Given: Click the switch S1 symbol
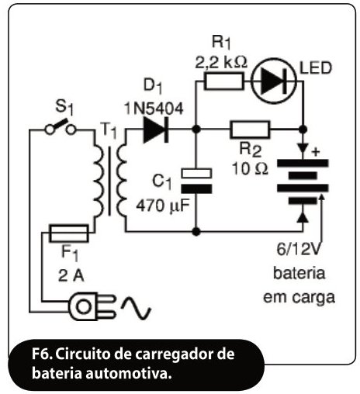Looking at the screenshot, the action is click(61, 128).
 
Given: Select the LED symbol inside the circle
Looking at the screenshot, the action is click(274, 81).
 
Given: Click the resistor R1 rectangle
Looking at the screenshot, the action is click(223, 81).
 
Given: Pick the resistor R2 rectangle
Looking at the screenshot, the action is click(250, 129).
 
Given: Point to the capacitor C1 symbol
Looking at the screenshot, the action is click(196, 181).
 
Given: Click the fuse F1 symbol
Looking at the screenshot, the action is click(69, 233).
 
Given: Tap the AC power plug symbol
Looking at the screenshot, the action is click(91, 306).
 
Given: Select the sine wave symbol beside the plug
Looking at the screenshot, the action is click(136, 308).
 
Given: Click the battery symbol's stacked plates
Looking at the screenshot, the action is click(303, 181).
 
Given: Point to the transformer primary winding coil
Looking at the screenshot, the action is click(99, 181).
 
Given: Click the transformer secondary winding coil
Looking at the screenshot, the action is click(122, 181).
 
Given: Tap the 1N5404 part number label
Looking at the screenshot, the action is click(154, 109).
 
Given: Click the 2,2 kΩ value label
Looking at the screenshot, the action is click(221, 62).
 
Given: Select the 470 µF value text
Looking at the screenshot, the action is click(163, 206).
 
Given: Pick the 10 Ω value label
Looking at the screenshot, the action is click(250, 169).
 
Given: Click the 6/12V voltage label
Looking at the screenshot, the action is click(299, 250).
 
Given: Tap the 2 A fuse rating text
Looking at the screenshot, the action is click(71, 275).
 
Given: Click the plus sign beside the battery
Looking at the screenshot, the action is click(316, 152).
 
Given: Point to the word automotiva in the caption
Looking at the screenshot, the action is click(129, 373).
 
